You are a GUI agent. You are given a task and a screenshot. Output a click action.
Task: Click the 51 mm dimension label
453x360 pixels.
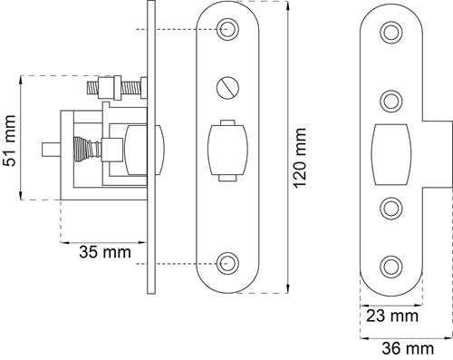[x=9, y=141]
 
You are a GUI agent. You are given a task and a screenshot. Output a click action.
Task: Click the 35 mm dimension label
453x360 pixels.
[x=105, y=252]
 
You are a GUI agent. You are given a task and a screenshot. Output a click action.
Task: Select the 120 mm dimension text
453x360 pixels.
[x=300, y=158]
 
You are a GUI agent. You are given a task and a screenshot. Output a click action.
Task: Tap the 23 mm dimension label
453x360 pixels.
[x=392, y=316]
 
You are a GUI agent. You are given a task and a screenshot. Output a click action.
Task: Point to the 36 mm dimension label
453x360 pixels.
[x=408, y=348]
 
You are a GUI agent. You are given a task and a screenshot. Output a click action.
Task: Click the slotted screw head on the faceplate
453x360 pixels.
[x=227, y=88]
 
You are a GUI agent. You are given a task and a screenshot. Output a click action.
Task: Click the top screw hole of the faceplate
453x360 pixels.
[x=227, y=29]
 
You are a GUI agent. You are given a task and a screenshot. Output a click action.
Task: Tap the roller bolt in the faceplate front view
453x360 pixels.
[x=227, y=151]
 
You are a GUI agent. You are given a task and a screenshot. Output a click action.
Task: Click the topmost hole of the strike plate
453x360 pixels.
[x=391, y=33]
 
